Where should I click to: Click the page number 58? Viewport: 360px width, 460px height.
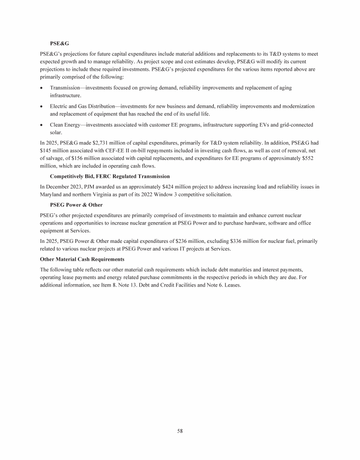(180, 431)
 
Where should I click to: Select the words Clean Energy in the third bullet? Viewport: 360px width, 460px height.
(67, 125)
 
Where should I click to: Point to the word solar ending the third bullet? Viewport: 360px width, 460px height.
(56, 132)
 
